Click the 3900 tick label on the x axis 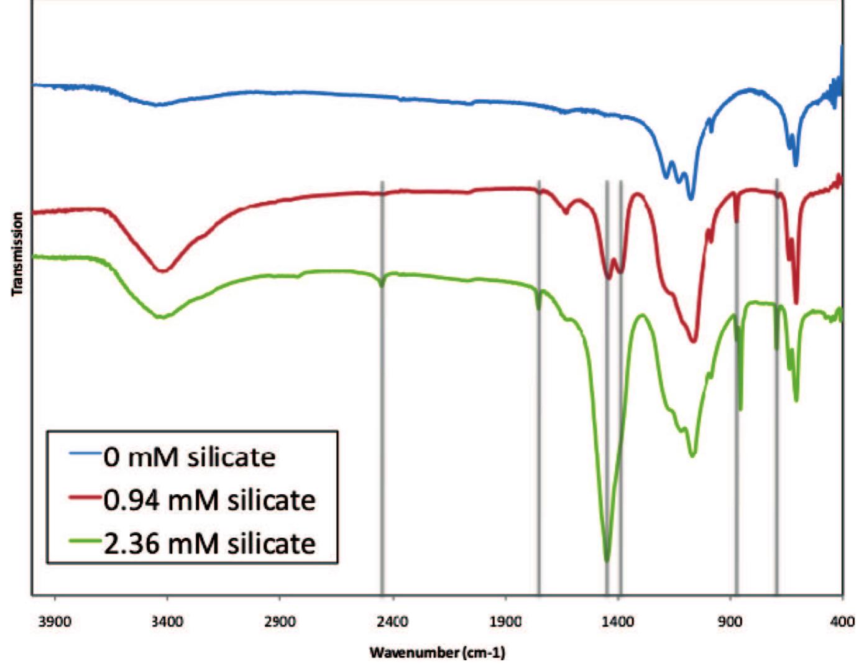pos(55,622)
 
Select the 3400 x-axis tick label pos(167,622)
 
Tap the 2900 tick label pos(280,622)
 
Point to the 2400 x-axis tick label pos(393,622)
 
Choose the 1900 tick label pos(505,622)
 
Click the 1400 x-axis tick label pos(618,622)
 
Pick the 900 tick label pos(730,622)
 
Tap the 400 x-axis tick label pos(842,622)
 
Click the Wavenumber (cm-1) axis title pos(437,653)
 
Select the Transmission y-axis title pos(17,254)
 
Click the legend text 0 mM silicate pos(190,458)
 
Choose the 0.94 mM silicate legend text pos(209,500)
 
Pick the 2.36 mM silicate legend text pos(209,544)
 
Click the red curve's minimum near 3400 pos(163,270)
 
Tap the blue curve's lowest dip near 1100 pos(691,198)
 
